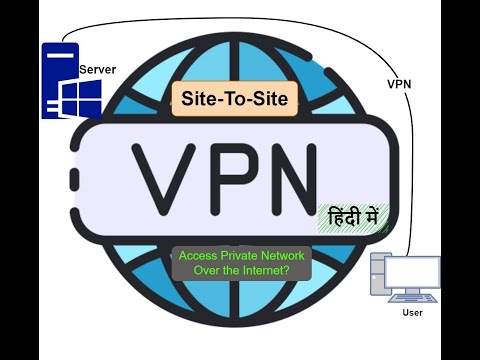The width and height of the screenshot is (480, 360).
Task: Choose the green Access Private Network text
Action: [240, 254]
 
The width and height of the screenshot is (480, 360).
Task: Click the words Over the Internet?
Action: [240, 270]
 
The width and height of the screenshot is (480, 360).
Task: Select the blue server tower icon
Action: [57, 80]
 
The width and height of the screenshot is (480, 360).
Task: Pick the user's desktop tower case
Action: [379, 277]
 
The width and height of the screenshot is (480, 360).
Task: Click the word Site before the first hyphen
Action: [195, 98]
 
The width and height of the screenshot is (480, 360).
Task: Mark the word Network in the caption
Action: [286, 254]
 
